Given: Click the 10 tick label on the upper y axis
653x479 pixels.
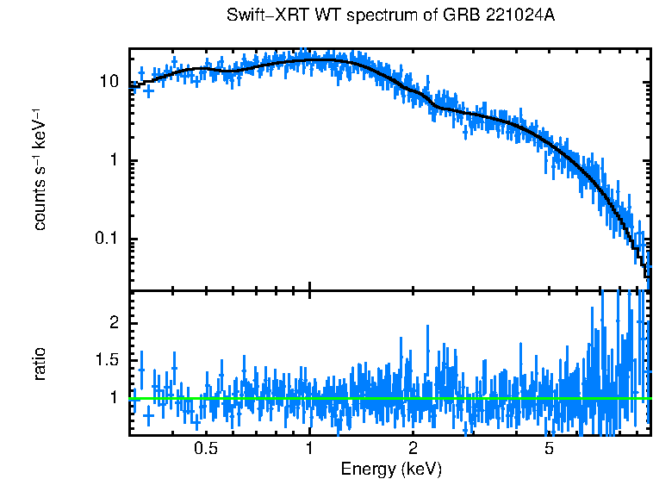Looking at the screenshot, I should pyautogui.click(x=108, y=83).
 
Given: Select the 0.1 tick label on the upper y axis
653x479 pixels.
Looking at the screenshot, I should pyautogui.click(x=106, y=239).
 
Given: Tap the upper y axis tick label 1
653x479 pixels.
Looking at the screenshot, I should pyautogui.click(x=113, y=161).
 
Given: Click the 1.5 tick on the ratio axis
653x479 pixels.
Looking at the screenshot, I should pyautogui.click(x=106, y=359).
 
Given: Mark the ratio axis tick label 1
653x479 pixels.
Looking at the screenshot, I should pyautogui.click(x=113, y=398).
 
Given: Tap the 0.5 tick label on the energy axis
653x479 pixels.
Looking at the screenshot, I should pyautogui.click(x=205, y=450).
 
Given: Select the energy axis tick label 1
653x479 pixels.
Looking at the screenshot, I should pyautogui.click(x=309, y=450).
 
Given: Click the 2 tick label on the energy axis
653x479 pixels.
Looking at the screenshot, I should pyautogui.click(x=413, y=450).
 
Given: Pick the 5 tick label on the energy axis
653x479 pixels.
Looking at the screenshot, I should pyautogui.click(x=550, y=450).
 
